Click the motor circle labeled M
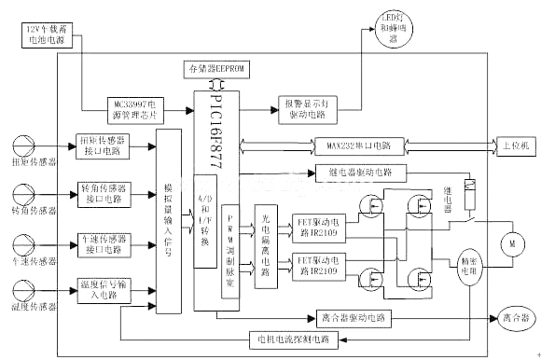coord(511,244)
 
